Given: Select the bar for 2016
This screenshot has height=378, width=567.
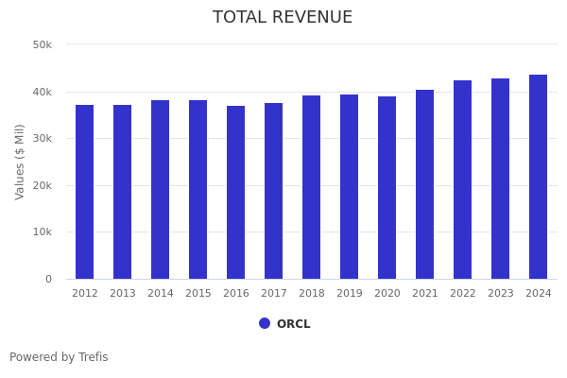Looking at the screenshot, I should (x=236, y=193).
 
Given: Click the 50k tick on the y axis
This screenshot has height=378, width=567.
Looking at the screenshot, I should (x=43, y=44).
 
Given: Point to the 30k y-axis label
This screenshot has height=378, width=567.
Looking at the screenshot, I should (x=43, y=138).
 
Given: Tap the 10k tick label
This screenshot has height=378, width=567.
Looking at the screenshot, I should (x=43, y=232).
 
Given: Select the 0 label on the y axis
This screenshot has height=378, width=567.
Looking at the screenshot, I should (x=47, y=279).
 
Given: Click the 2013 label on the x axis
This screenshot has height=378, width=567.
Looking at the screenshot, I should (x=123, y=294).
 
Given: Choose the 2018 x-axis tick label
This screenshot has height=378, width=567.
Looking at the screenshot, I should (x=312, y=294).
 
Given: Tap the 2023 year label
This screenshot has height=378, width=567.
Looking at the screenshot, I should (x=501, y=294).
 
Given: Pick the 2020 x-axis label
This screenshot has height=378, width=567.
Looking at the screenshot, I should (x=387, y=294).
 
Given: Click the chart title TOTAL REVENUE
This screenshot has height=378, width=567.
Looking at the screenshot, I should (x=283, y=18).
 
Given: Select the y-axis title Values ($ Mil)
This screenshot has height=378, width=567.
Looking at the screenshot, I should (x=20, y=162).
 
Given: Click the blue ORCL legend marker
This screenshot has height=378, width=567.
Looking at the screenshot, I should (x=265, y=323).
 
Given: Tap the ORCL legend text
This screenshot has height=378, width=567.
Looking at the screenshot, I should (x=293, y=324).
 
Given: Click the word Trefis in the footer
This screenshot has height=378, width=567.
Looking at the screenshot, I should (x=93, y=357).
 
